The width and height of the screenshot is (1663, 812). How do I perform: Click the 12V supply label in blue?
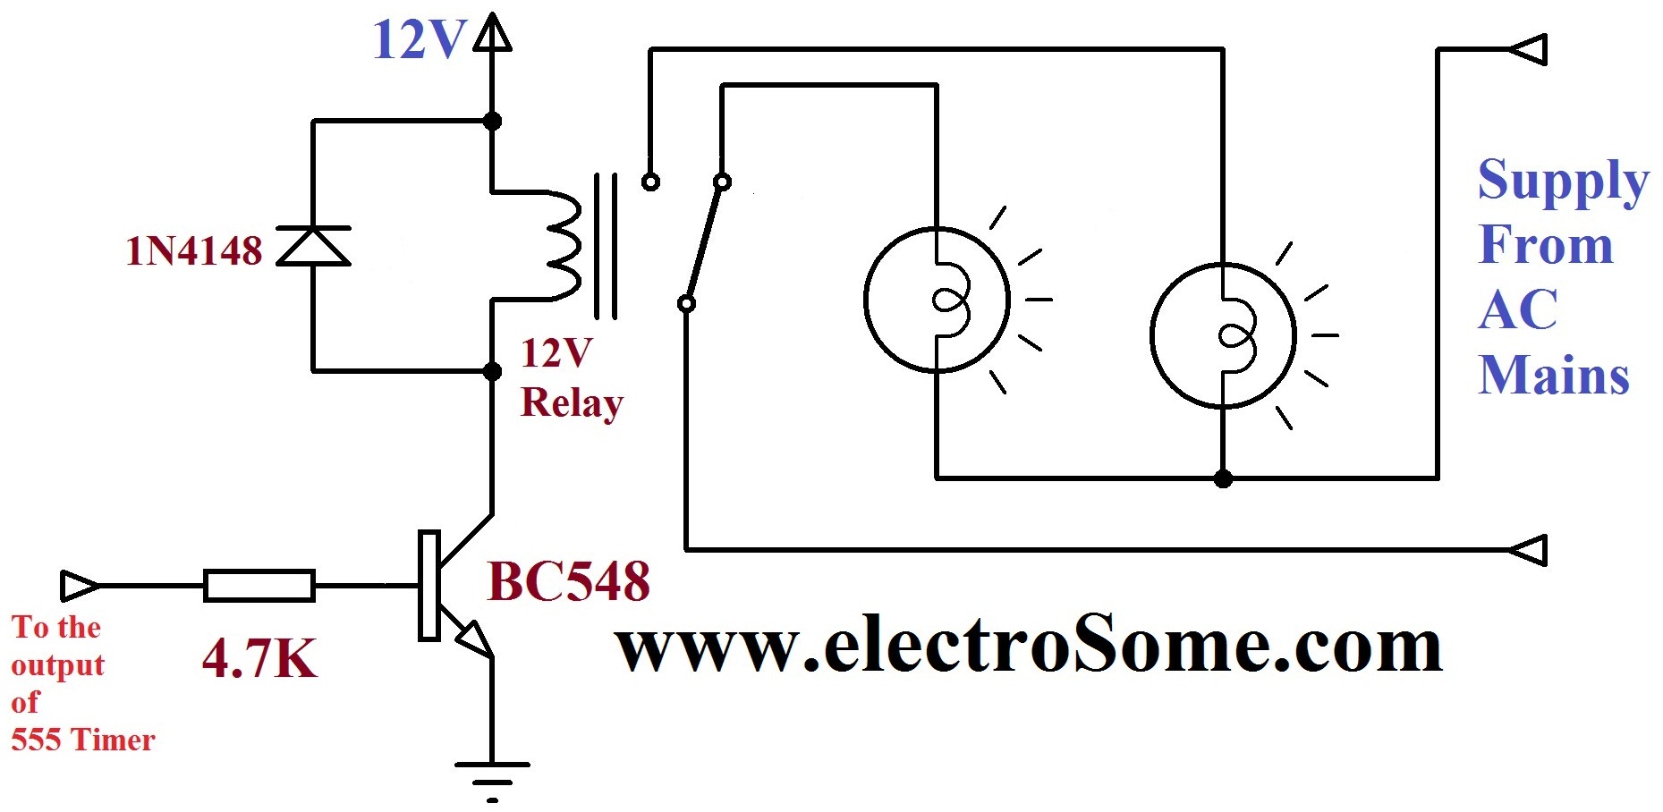(x=418, y=41)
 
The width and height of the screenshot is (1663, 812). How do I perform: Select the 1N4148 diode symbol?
(x=313, y=246)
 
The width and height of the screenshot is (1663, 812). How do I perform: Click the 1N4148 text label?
(x=194, y=251)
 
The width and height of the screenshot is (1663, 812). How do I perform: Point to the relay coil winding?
(x=562, y=245)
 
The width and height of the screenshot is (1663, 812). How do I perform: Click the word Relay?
(x=571, y=403)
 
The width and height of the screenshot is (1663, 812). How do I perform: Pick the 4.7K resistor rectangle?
(x=259, y=586)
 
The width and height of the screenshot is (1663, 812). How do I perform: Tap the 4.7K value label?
(x=259, y=659)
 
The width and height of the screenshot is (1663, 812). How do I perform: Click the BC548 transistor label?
(x=568, y=582)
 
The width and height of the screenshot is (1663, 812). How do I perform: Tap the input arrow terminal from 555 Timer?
(x=79, y=586)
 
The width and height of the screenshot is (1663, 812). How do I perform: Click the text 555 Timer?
(x=83, y=740)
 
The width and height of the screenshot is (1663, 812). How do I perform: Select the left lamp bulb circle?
(x=937, y=300)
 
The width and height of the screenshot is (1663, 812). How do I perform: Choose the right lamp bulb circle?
(x=1223, y=335)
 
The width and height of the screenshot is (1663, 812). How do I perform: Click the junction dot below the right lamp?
(x=1223, y=478)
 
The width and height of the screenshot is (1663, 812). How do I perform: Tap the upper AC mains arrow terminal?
(x=1528, y=49)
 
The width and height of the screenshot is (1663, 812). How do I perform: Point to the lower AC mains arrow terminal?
(x=1528, y=550)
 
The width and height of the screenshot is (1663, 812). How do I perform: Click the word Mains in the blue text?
(x=1554, y=375)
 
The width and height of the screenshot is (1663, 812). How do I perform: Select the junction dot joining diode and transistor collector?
(x=492, y=370)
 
